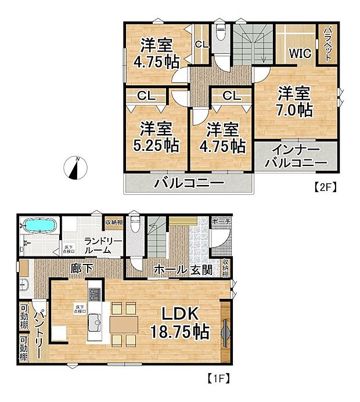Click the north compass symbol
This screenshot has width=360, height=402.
tap(75, 168)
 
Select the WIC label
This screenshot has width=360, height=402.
tap(301, 53)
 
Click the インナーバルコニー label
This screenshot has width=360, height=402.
tap(296, 155)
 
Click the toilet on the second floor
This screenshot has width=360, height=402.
tap(221, 35)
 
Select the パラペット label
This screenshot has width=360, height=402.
tap(327, 44)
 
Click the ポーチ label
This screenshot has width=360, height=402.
tap(222, 222)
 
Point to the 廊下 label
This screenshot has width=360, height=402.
tap(78, 269)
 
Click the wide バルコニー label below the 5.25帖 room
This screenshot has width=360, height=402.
tap(189, 184)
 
